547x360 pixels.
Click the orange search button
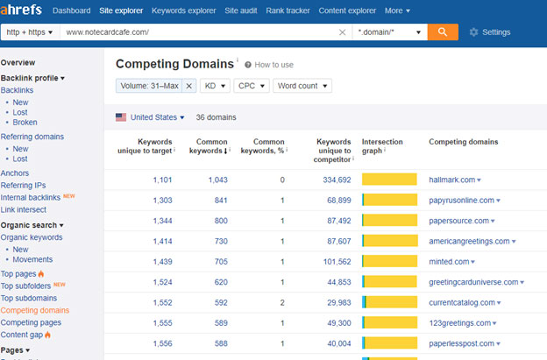click(x=444, y=32)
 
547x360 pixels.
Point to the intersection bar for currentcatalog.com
click(x=389, y=302)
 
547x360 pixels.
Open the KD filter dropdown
click(x=214, y=86)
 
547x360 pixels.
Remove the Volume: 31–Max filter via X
click(x=189, y=86)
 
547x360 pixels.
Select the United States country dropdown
click(x=150, y=117)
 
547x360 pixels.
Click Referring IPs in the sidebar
click(x=24, y=185)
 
